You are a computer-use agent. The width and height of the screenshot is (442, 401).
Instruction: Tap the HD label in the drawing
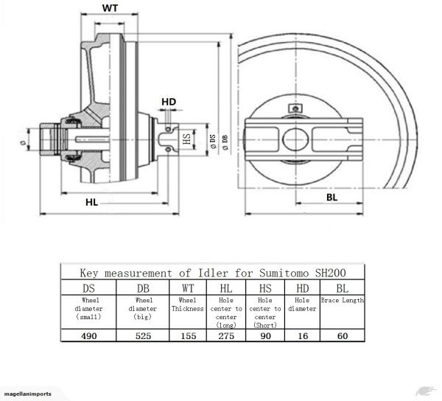(169, 101)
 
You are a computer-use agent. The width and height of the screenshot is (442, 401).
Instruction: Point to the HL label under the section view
(91, 200)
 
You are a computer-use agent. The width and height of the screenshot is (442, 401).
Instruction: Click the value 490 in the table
(88, 335)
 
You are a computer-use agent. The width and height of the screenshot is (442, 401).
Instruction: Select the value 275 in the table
(227, 335)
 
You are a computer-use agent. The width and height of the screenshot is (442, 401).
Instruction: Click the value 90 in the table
(266, 335)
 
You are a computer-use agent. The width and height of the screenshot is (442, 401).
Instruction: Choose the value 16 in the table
(303, 335)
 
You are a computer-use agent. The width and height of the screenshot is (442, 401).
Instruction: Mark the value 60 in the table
(341, 335)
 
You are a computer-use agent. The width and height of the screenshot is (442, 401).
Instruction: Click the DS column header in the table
(88, 287)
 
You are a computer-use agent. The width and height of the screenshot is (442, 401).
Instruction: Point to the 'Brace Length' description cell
(342, 301)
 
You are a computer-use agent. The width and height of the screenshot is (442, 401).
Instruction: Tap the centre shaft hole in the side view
(301, 136)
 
